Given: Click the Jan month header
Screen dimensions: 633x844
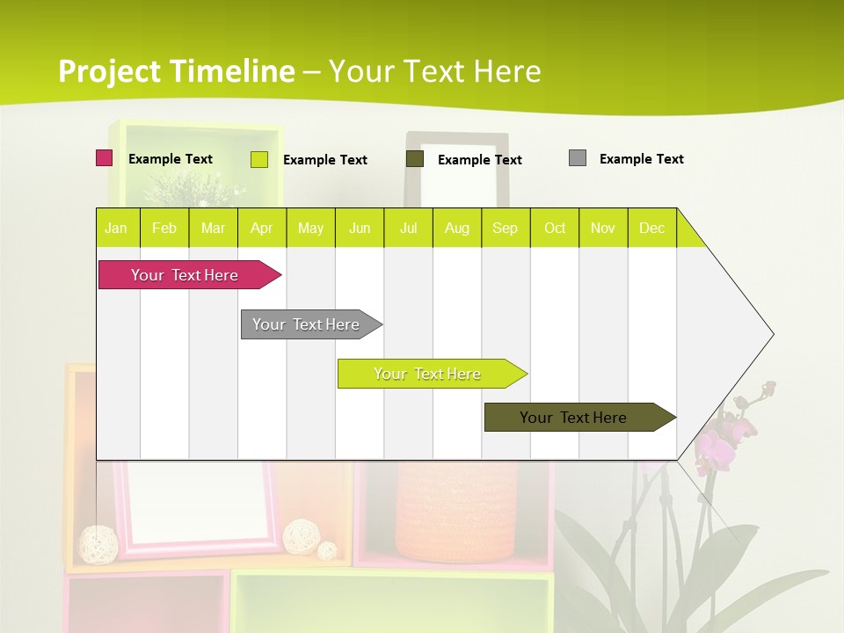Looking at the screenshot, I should pos(116,228).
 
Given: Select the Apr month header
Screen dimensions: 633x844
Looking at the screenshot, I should pos(261,228).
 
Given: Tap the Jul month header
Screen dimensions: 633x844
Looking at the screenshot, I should pos(408,228).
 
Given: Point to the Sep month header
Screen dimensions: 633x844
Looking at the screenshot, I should pos(505,228).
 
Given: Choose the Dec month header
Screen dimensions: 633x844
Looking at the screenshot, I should pos(651,228).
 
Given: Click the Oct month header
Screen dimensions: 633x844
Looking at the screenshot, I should pos(555,228).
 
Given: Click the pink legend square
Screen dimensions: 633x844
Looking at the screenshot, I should pos(104,158).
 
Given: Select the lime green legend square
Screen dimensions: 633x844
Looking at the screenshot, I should pos(259,159).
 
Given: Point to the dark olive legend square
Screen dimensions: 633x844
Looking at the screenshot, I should pos(415,158).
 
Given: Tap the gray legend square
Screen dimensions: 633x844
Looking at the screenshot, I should pos(578,158).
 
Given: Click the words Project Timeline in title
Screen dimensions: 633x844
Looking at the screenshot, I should pos(176,71).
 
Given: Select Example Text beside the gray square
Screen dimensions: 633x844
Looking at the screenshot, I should pos(641,159).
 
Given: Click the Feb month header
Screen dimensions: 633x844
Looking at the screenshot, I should pos(164,228).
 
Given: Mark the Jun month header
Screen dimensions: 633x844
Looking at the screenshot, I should pos(360,228).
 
